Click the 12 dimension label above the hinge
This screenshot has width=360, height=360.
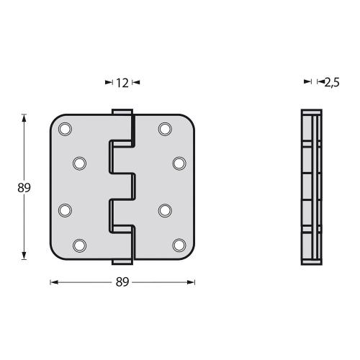pos(122,83)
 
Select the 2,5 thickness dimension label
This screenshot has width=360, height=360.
pos(331,83)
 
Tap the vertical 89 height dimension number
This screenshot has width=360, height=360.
pos(24,187)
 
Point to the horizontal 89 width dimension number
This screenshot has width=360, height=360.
pos(122,282)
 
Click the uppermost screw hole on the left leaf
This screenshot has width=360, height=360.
pos(65,129)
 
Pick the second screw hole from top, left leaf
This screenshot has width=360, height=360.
pos(79,163)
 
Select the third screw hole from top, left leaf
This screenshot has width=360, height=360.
pos(65,210)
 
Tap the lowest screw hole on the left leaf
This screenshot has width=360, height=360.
pos(79,244)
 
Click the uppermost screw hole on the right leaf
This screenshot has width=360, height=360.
pos(165,129)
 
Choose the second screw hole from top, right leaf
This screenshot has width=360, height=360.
pos(179,163)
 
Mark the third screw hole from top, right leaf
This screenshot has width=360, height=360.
pos(165,210)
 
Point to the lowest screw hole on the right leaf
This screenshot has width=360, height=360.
pos(179,244)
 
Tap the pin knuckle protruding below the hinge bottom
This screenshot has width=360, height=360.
pos(122,261)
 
